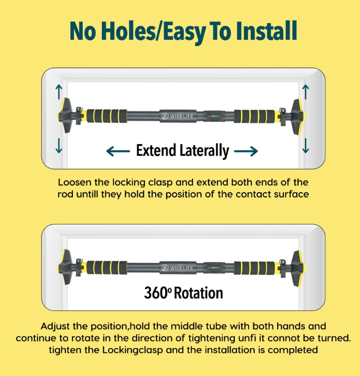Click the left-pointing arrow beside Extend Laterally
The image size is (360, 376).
(118, 152)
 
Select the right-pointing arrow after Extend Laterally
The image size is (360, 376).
(246, 152)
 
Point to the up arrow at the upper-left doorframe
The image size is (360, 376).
(59, 92)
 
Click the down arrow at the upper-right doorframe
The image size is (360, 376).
(306, 146)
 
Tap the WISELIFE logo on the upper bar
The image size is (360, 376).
(177, 116)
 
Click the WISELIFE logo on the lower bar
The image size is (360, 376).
(177, 267)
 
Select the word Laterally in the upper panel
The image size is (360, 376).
(204, 151)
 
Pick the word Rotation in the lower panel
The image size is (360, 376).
(198, 293)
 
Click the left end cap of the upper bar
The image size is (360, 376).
(64, 115)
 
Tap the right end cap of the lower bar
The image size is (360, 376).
(298, 268)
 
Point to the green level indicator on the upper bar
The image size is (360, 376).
(214, 116)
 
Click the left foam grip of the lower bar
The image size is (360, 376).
(107, 267)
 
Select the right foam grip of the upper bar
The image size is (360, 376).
(254, 116)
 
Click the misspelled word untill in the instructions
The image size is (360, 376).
(87, 194)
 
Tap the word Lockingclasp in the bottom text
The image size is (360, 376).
(132, 350)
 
